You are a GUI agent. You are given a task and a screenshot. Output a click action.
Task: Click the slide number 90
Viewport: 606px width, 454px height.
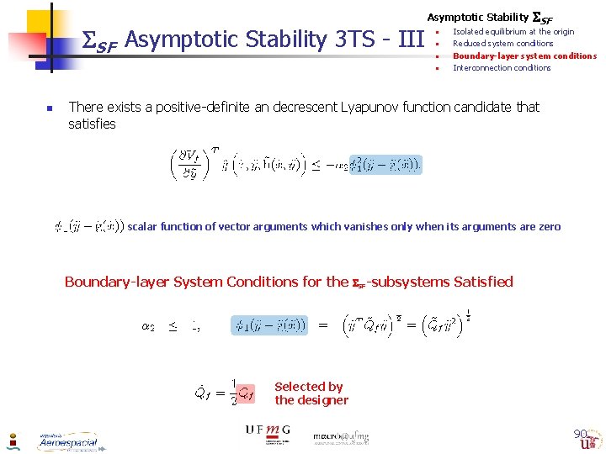point(580,434)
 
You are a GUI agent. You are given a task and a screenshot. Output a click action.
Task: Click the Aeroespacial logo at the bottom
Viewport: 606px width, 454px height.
point(67,441)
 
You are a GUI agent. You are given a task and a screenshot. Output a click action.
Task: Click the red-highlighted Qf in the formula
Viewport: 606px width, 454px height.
point(244,393)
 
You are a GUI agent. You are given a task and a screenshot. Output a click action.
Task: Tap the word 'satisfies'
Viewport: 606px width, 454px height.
point(92,124)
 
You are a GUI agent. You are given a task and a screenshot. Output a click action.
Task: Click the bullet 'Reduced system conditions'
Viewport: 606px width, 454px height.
point(502,43)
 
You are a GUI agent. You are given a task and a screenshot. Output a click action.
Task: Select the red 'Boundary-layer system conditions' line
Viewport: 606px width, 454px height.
point(524,55)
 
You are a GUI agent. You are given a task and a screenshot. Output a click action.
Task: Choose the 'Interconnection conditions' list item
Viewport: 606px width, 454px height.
point(502,68)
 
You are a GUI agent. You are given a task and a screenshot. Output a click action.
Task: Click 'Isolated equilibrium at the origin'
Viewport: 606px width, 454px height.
point(513,31)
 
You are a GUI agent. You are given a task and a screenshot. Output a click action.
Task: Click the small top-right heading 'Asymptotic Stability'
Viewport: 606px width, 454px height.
point(477,17)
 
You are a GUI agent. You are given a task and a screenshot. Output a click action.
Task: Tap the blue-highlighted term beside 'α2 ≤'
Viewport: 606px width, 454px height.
point(269,325)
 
